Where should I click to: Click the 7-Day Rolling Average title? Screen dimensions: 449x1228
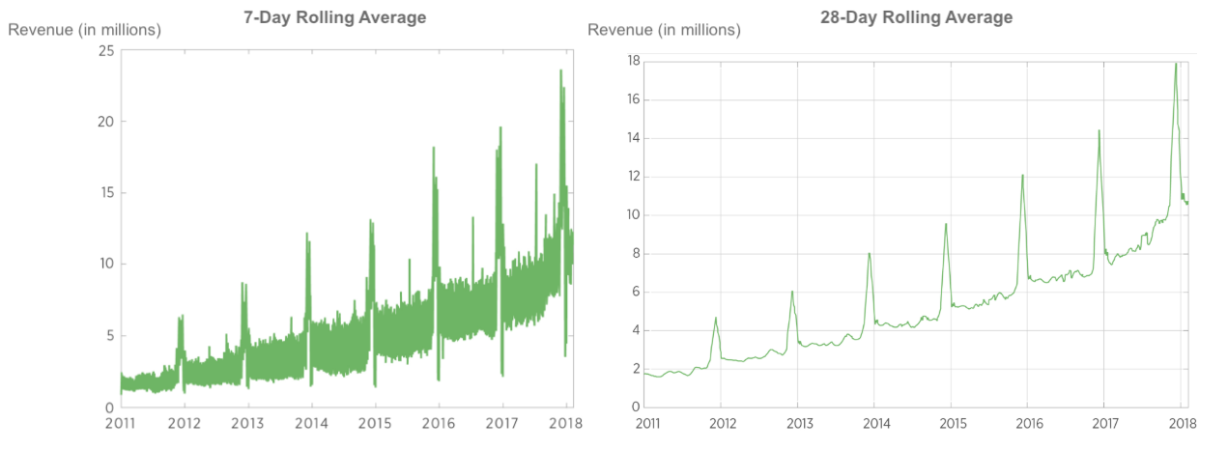point(334,17)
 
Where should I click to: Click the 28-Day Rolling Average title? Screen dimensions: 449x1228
point(916,16)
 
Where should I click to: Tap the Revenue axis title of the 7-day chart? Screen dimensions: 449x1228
point(85,30)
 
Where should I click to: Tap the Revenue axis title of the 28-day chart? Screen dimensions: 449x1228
point(665,30)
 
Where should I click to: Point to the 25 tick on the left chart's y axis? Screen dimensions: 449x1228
point(106,50)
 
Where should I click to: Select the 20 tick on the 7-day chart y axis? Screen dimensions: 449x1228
point(106,122)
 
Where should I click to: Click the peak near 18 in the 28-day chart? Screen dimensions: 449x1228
point(1175,64)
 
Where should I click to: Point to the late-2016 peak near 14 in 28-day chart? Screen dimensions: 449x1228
point(1099,130)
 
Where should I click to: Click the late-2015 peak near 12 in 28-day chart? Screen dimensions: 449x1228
point(1022,175)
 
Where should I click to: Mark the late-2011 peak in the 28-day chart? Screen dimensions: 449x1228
point(716,318)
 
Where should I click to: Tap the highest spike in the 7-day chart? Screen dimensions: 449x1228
point(560,70)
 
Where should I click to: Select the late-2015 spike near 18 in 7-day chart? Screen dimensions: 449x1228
point(434,148)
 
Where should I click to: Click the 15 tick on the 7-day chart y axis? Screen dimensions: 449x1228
point(106,193)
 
